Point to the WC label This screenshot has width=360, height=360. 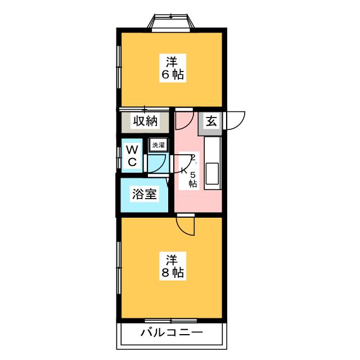[132, 155]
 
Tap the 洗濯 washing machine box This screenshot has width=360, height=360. [157, 145]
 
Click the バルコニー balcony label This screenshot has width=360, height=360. [172, 332]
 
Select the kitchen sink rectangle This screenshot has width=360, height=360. [213, 174]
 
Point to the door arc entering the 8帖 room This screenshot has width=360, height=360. [185, 225]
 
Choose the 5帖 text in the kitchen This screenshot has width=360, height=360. [192, 178]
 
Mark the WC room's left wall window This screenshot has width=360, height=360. [119, 155]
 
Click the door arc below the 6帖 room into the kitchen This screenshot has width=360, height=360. [185, 117]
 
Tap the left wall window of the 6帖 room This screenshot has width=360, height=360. [119, 67]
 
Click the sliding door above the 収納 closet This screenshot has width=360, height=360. [144, 109]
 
